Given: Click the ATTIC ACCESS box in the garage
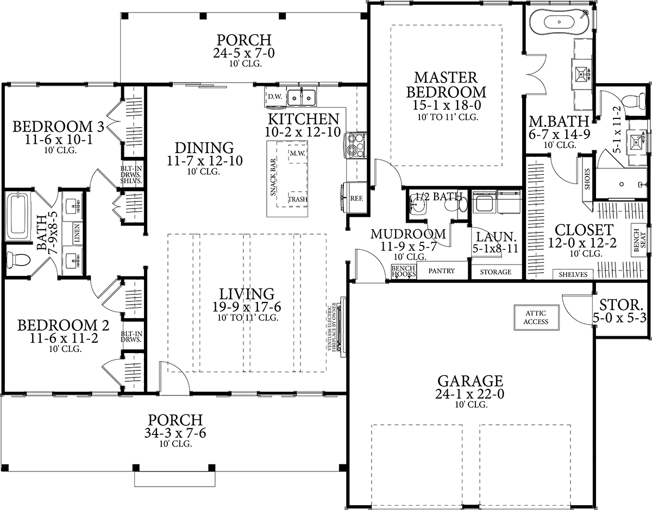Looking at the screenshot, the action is (x=536, y=318).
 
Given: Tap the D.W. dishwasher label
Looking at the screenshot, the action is (x=275, y=97).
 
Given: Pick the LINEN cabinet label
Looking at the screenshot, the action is (x=77, y=233).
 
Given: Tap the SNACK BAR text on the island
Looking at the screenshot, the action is (x=273, y=177).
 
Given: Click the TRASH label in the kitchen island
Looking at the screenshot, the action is (x=298, y=199).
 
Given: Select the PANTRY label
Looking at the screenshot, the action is (x=441, y=270).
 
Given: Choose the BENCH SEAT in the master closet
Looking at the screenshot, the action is (x=640, y=241).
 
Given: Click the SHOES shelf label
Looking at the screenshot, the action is (x=587, y=179).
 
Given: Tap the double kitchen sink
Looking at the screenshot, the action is (x=301, y=98).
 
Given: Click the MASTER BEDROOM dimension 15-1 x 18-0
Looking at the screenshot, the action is (x=447, y=105).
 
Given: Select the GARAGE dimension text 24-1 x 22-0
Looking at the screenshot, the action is (x=470, y=394).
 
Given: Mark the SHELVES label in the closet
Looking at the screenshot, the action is (x=573, y=274).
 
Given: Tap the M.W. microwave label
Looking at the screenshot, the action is (x=297, y=154).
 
